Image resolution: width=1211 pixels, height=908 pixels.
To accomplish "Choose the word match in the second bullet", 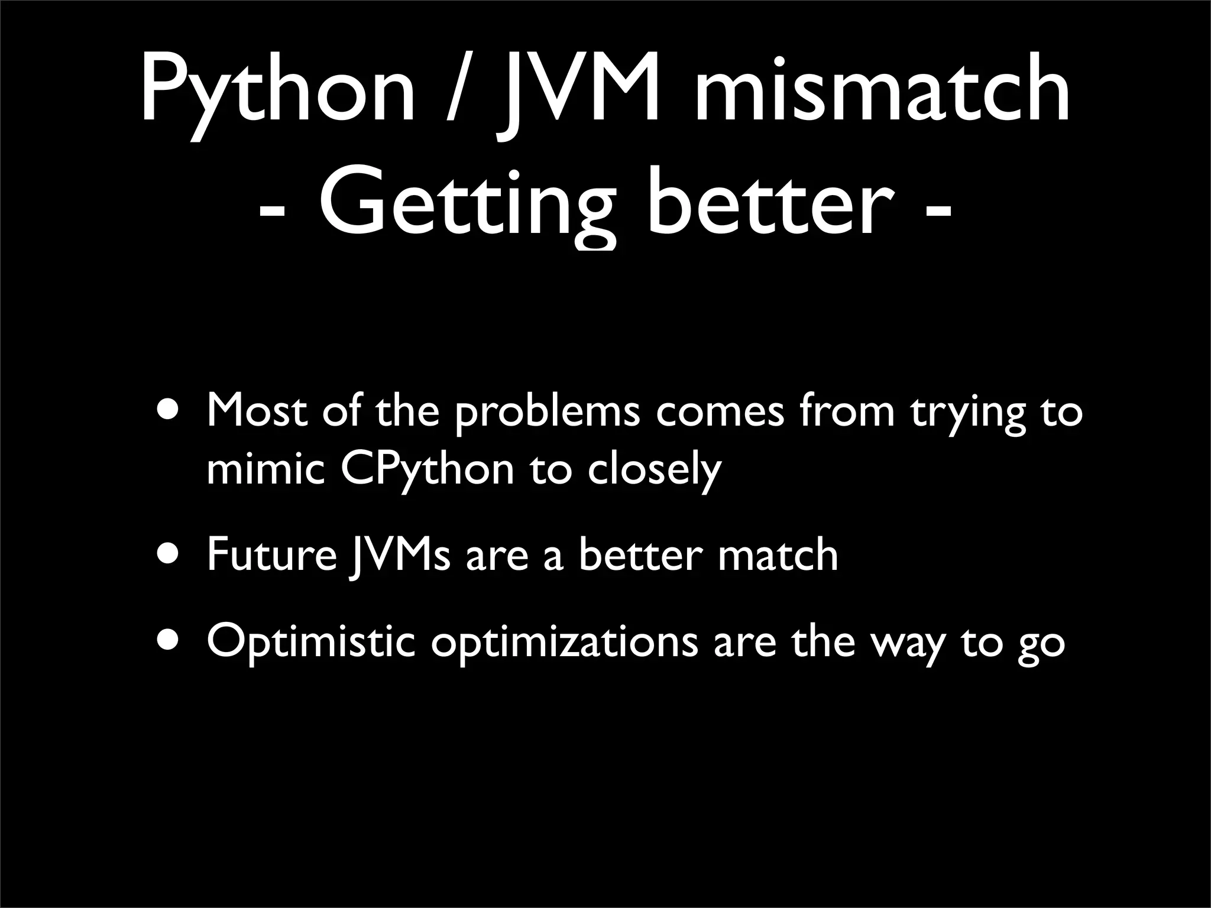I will [778, 556].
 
